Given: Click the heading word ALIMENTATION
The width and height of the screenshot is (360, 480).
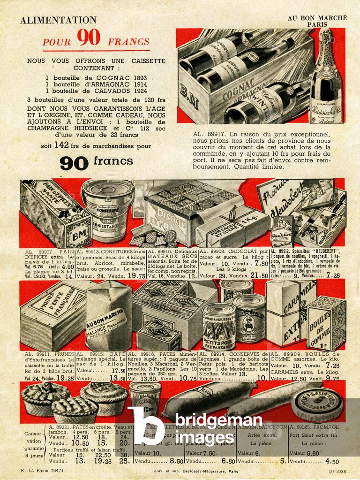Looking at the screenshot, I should pyautogui.click(x=58, y=20).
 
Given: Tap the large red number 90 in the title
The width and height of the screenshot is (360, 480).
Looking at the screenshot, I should pyautogui.click(x=89, y=38).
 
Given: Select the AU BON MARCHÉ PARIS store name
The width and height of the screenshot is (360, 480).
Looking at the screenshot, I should pyautogui.click(x=317, y=21).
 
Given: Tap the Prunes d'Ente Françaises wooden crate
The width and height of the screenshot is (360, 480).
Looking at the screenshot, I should pyautogui.click(x=52, y=309).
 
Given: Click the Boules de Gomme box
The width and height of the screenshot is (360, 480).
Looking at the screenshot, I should pyautogui.click(x=326, y=323).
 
